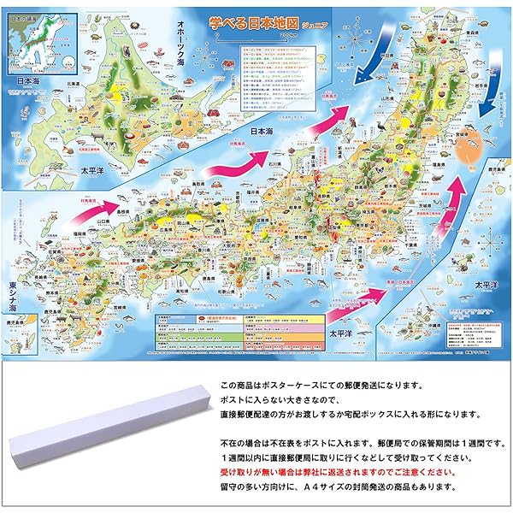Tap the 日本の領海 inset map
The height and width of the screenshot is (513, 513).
click(30, 38)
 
